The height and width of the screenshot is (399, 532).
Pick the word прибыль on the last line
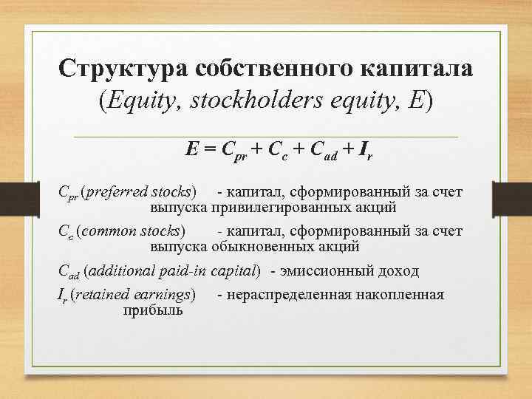click(x=154, y=310)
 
